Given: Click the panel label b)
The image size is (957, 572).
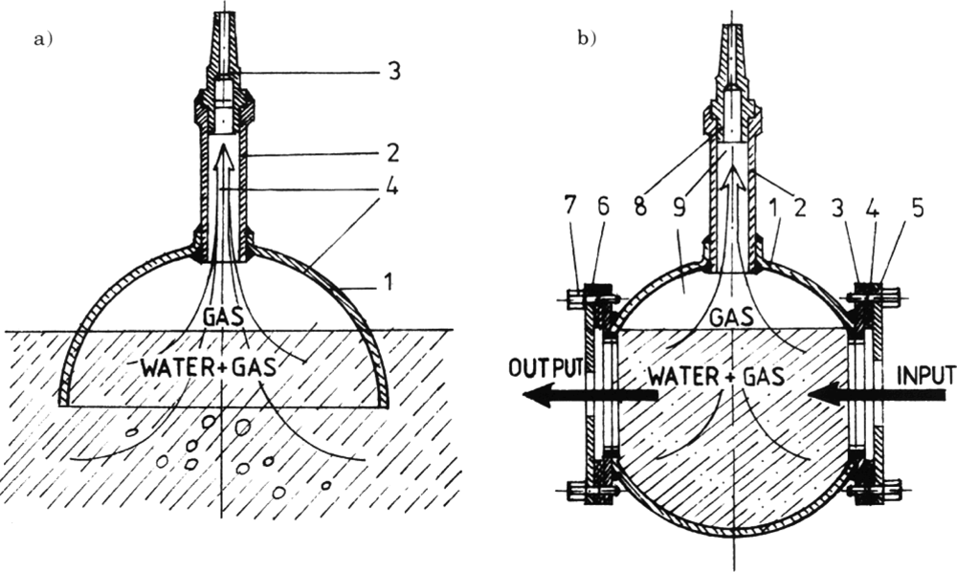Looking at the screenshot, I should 586,38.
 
